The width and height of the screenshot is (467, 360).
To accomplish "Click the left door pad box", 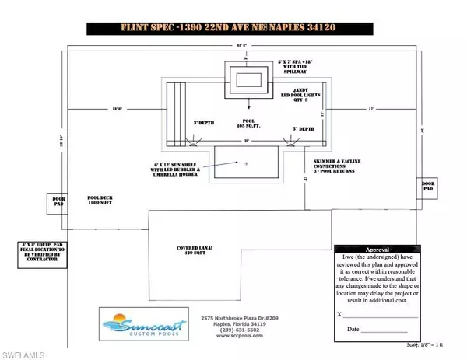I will [x=58, y=199].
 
